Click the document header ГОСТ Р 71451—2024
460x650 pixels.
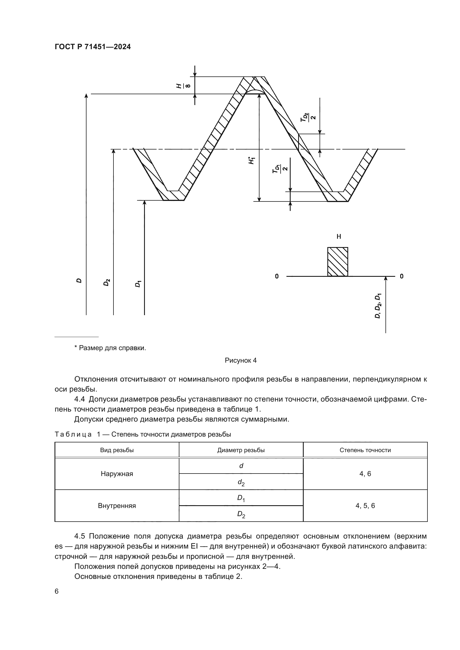click(93, 47)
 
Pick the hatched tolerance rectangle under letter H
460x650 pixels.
click(338, 262)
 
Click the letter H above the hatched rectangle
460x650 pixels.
click(339, 237)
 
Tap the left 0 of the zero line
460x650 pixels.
click(277, 276)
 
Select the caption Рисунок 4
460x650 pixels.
click(241, 360)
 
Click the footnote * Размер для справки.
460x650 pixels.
click(110, 348)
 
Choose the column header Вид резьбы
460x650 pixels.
click(117, 450)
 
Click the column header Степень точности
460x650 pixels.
click(365, 450)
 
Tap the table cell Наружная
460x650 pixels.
click(117, 474)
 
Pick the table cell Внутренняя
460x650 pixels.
click(117, 505)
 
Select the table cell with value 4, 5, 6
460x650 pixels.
click(365, 505)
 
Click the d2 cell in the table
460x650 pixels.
click(241, 482)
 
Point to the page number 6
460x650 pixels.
click(57, 591)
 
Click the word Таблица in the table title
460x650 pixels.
click(73, 434)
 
